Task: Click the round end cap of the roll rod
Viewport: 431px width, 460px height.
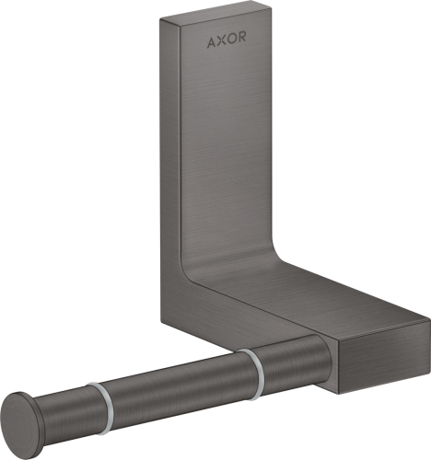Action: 27,426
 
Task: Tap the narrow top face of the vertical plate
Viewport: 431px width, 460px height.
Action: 212,16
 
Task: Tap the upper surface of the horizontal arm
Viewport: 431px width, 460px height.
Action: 304,285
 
